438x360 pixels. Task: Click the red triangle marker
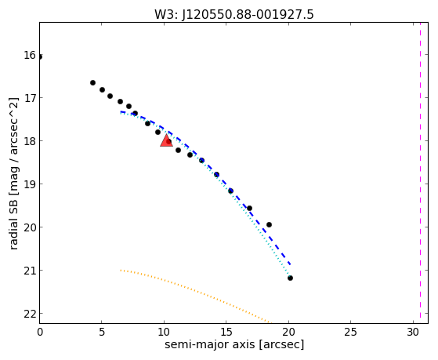(166, 140)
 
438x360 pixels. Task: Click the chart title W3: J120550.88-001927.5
(234, 14)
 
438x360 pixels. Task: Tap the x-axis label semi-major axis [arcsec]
(234, 344)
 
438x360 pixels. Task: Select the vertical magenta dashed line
(420, 173)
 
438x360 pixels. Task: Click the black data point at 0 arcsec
(40, 57)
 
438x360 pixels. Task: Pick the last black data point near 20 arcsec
(290, 278)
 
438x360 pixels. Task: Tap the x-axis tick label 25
(350, 333)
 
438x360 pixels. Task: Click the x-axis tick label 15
(226, 333)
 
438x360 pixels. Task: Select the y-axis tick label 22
(30, 314)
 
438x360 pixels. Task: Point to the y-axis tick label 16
(30, 55)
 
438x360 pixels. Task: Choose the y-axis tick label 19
(30, 184)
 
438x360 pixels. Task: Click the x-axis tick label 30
(413, 333)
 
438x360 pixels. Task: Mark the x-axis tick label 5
(102, 333)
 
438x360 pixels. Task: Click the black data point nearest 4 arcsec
(92, 83)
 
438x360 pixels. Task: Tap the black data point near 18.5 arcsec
(269, 224)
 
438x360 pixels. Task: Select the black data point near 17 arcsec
(249, 208)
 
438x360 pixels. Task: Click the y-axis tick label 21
(30, 271)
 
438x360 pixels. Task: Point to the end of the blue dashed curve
(291, 264)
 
